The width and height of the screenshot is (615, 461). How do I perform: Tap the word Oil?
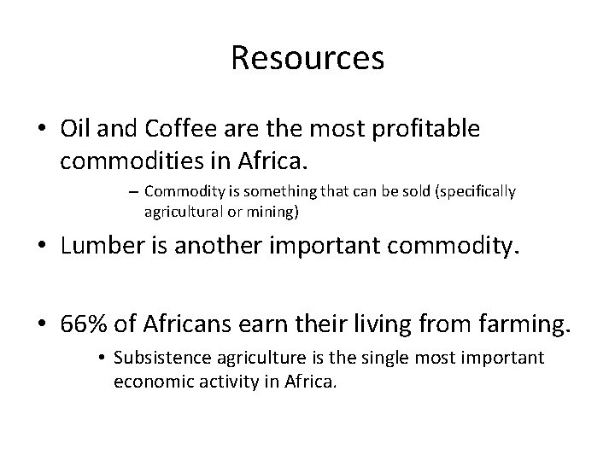coord(76,129)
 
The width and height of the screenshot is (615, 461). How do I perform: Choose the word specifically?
coord(474,191)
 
